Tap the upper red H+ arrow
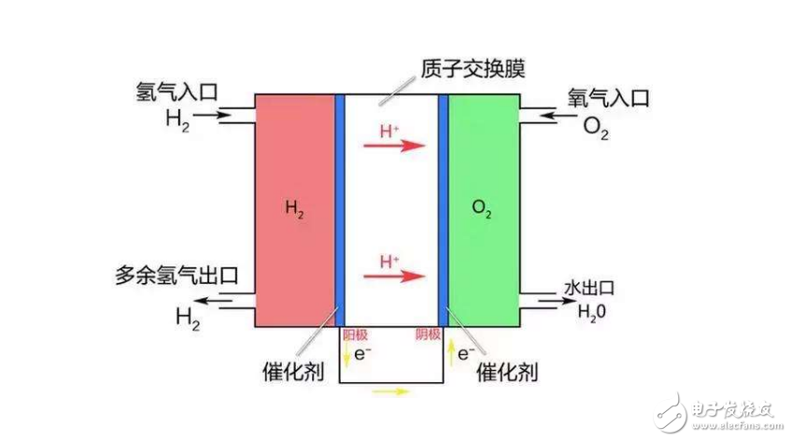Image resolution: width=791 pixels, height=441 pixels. (x=402, y=145)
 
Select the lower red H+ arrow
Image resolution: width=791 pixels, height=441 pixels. (x=402, y=276)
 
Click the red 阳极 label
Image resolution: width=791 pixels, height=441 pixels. (x=354, y=334)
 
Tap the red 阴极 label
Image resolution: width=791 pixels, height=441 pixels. (x=427, y=334)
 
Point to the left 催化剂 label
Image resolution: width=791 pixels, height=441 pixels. (x=293, y=372)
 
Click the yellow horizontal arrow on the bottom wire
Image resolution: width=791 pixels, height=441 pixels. (x=390, y=391)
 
